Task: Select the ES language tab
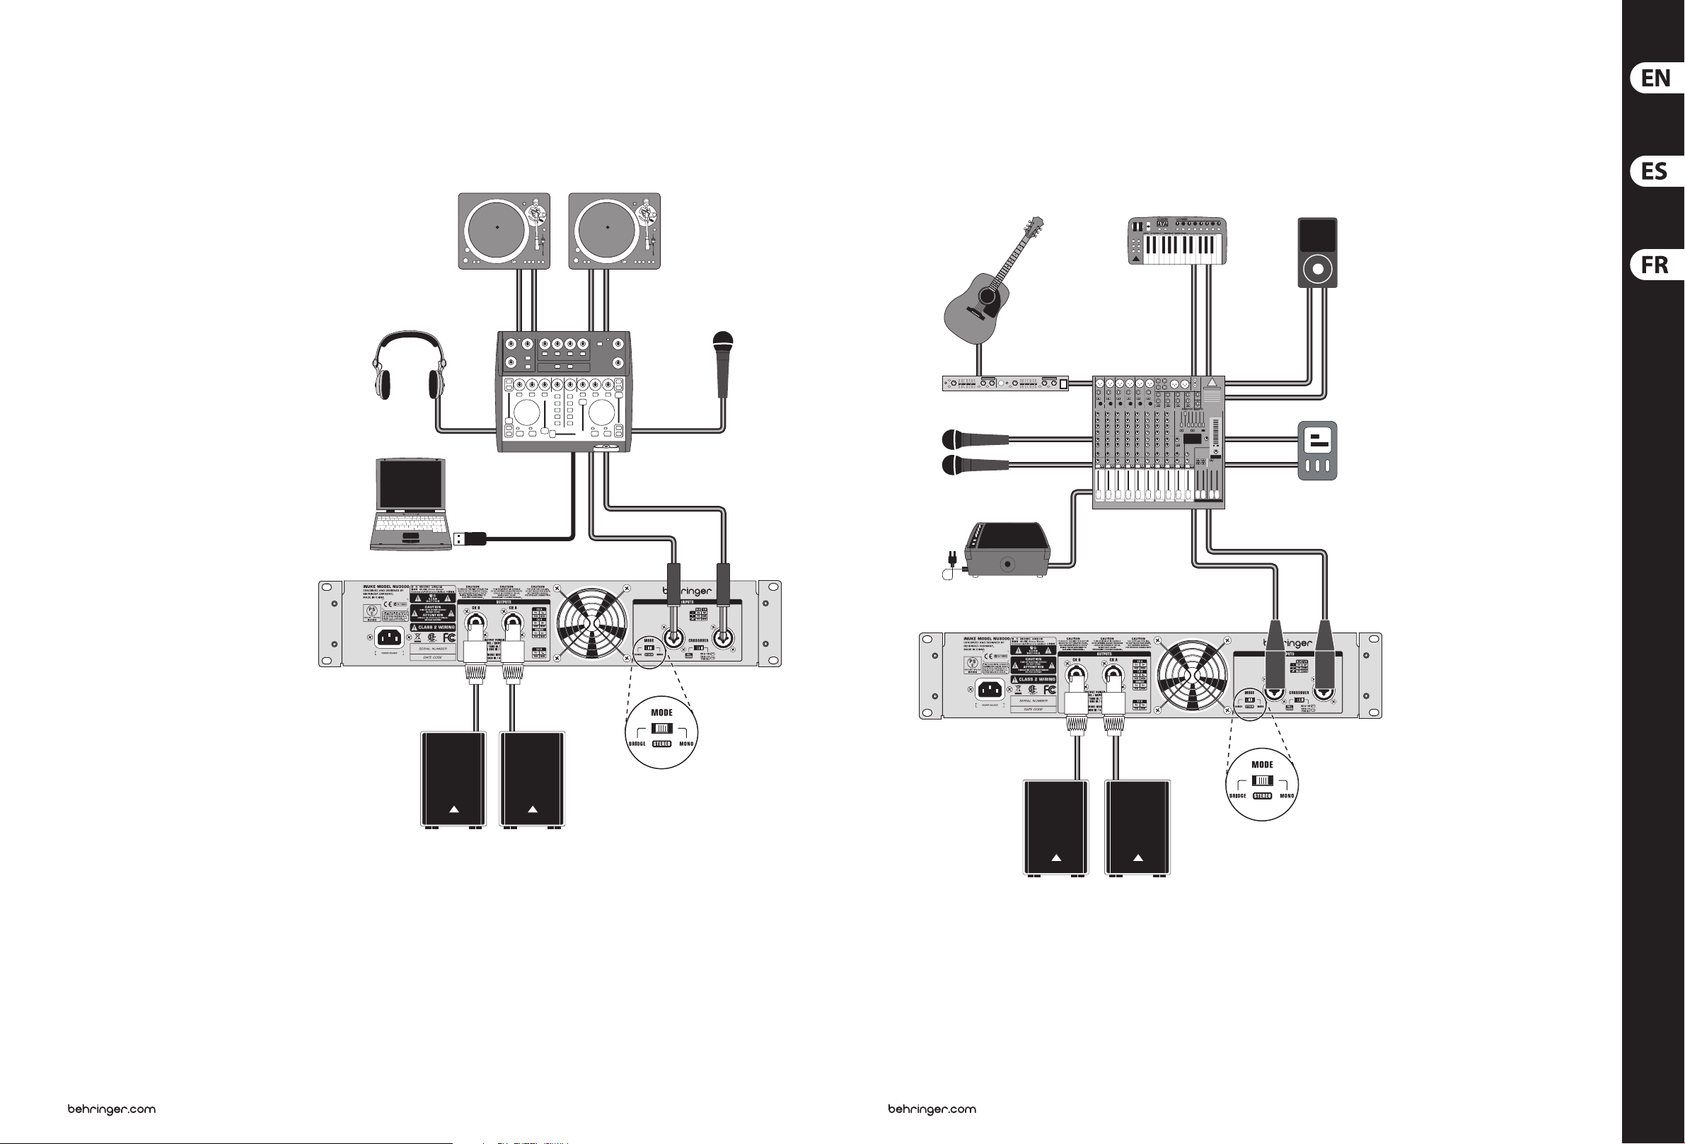coord(1655,172)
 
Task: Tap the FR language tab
coord(1655,265)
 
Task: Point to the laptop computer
coord(409,504)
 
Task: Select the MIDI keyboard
coord(1179,241)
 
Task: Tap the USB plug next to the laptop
coord(469,538)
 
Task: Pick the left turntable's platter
coord(497,228)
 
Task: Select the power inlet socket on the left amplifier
coord(389,637)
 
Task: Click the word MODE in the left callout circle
coord(661,712)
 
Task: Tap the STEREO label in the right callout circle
coord(1262,796)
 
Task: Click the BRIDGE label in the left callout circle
coord(637,744)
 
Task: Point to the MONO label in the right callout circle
coord(1287,796)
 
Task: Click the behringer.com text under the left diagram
coord(112,1109)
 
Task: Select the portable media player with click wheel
coord(1316,253)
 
